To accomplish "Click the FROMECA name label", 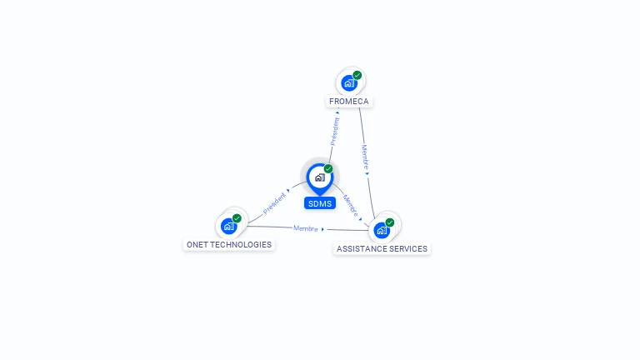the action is (x=349, y=102).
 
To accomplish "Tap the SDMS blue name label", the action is (x=320, y=203).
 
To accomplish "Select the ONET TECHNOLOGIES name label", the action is (x=229, y=245).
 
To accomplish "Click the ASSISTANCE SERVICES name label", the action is (x=382, y=249).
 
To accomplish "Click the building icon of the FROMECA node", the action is (x=349, y=82).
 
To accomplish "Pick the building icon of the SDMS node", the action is (x=319, y=177).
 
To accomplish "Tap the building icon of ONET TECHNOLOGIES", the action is (x=229, y=226).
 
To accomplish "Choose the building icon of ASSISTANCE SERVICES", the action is (x=382, y=229).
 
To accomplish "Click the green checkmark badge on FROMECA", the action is (x=357, y=75).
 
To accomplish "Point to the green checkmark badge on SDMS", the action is (x=328, y=168).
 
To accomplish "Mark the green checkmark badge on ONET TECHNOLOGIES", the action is (x=237, y=218).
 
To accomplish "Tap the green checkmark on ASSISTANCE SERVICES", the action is (x=389, y=222).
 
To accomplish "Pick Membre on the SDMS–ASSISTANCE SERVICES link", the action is (x=351, y=205).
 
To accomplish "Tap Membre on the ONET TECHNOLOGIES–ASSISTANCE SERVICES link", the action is (x=306, y=227).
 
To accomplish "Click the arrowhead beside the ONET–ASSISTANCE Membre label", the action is (x=323, y=229).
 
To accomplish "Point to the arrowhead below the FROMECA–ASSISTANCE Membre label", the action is (x=367, y=173).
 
